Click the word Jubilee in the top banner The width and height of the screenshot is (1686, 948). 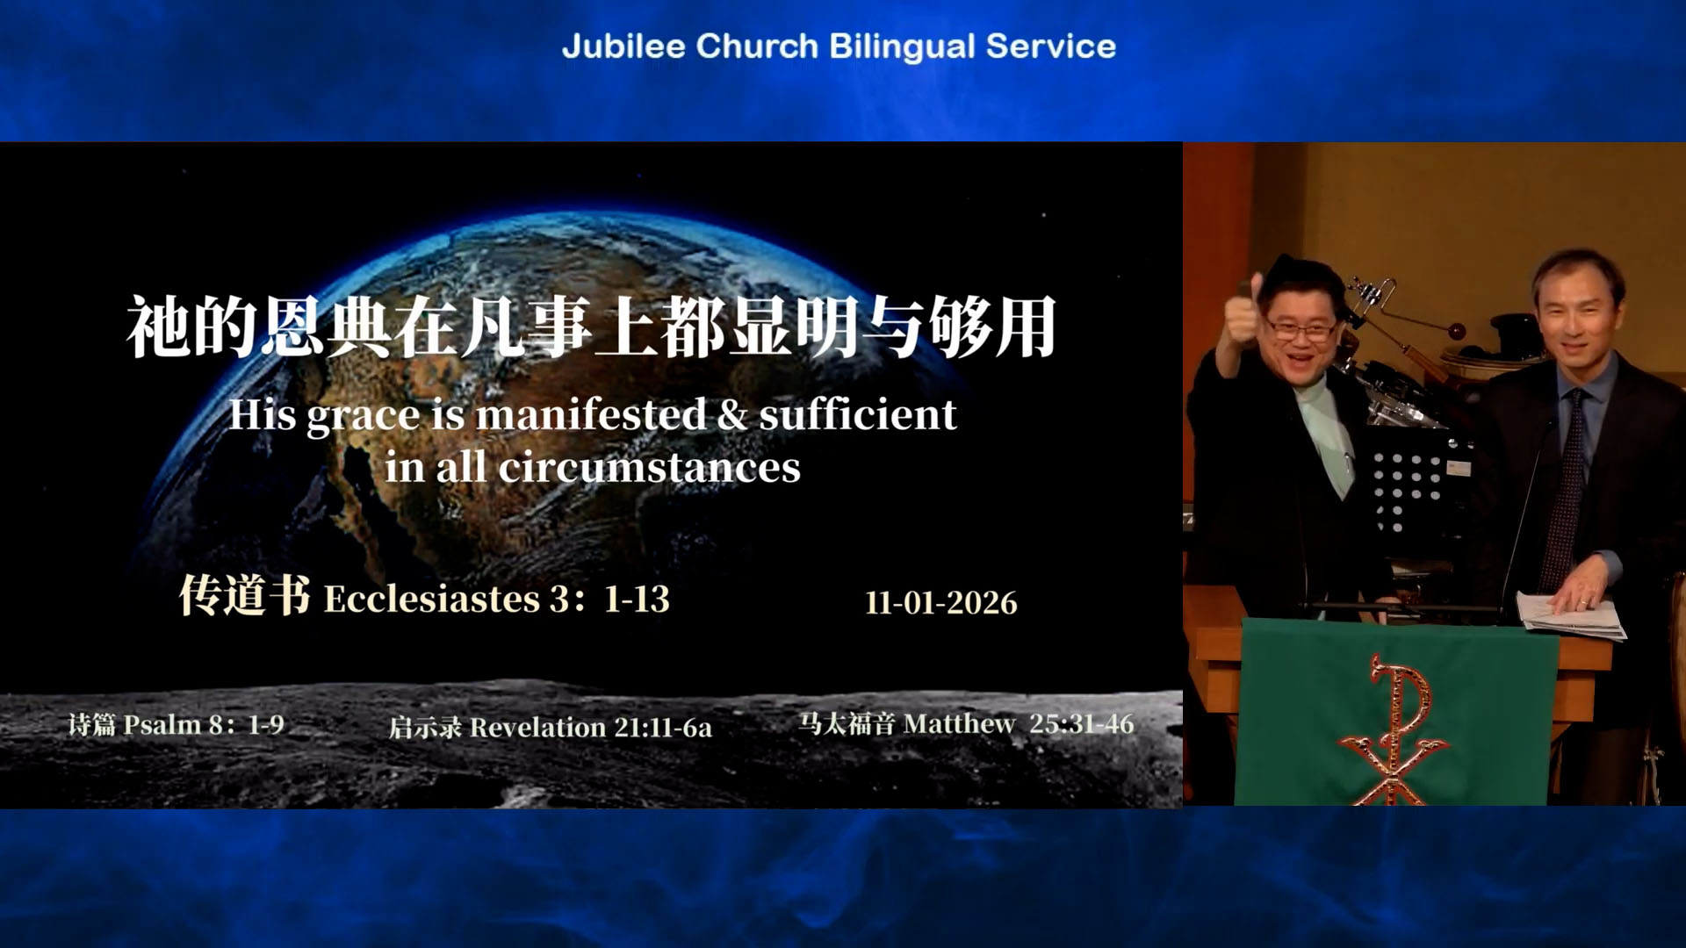(x=623, y=46)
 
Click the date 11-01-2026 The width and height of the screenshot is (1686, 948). (x=941, y=603)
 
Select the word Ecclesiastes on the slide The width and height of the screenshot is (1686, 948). (x=432, y=599)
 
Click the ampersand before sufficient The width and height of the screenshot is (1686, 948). (x=732, y=415)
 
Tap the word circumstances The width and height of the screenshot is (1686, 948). (x=650, y=467)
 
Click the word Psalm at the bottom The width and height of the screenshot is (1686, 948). (x=162, y=725)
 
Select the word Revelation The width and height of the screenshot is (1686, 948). (x=537, y=728)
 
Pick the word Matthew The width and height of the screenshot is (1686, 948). (x=959, y=724)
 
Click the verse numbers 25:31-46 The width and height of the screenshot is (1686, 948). (x=1081, y=724)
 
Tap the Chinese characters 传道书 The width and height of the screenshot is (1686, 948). (x=244, y=595)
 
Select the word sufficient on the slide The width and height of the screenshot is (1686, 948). (x=857, y=414)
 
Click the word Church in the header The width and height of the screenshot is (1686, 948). (x=757, y=46)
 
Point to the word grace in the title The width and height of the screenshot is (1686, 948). (x=363, y=417)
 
